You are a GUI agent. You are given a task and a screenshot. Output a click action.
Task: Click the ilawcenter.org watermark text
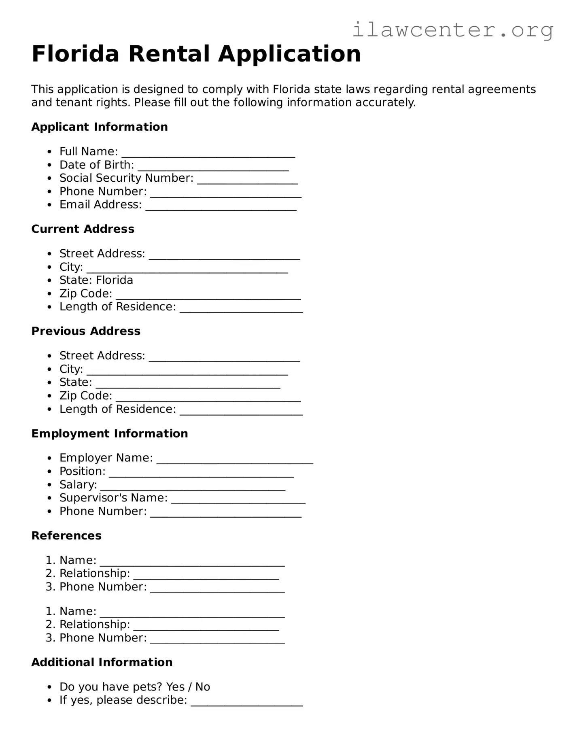point(453,30)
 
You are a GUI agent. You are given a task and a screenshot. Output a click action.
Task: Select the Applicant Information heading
point(99,127)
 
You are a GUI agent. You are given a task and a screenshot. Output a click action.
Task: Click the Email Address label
point(100,205)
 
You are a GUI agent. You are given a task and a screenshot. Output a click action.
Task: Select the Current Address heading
point(83,229)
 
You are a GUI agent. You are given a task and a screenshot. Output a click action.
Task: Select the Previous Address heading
point(86,331)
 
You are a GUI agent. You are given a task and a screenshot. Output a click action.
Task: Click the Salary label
point(78,484)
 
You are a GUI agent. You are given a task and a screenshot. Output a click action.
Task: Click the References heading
point(66,535)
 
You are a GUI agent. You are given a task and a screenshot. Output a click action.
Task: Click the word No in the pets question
point(202,687)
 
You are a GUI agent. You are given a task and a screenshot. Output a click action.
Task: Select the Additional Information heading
point(102,662)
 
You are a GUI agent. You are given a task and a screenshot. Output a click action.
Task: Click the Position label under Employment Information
point(82,471)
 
